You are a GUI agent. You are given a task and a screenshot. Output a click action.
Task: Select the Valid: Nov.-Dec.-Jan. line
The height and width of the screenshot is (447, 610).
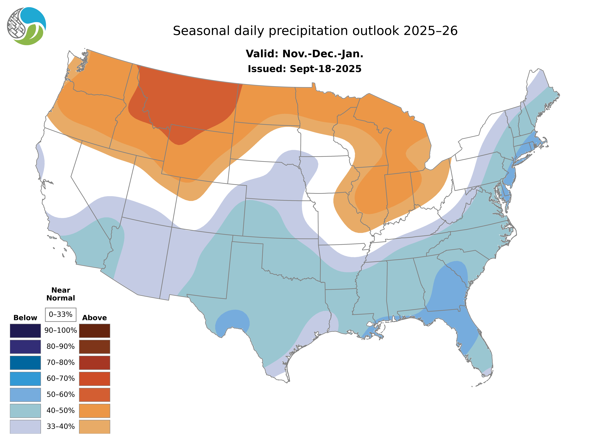point(304,54)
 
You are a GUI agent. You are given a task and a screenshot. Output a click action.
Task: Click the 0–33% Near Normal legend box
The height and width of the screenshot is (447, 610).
point(61,314)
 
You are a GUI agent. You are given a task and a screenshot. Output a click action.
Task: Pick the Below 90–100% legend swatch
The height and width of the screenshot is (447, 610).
point(25,331)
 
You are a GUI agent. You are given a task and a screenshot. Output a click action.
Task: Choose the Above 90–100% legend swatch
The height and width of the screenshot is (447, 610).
point(94,331)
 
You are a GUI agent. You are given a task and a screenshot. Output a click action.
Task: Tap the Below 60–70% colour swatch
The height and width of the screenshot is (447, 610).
point(25,379)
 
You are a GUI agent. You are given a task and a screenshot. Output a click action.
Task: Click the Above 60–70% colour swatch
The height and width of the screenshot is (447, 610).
point(94,379)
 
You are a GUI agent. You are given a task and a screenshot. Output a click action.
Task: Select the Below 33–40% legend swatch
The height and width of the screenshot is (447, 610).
point(25,426)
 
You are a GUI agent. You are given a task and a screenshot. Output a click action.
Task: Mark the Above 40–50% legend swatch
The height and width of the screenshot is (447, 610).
point(94,410)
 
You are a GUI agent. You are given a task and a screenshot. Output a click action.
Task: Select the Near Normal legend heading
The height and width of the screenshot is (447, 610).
point(61,294)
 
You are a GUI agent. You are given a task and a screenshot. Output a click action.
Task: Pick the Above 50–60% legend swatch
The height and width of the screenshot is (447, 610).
point(94,395)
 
